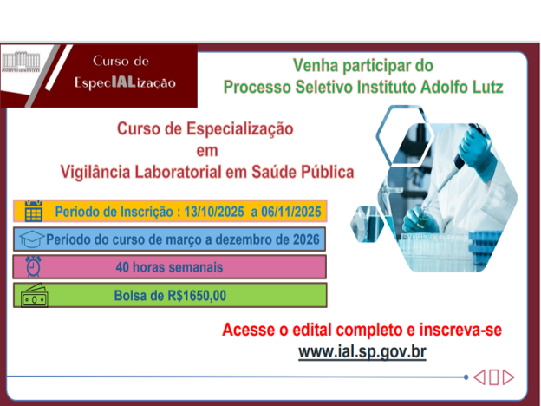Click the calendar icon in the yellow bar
34,211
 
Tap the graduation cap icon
31,239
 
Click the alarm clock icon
34,266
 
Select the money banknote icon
34,296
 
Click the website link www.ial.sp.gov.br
362,352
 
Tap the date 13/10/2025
214,212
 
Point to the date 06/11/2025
290,212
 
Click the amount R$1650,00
197,296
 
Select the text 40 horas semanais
169,267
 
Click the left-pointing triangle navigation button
479,377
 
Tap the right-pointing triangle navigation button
509,377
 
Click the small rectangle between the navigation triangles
493,377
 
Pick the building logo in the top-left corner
21,62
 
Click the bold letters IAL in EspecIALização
123,82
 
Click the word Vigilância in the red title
95,173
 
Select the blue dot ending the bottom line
466,377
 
